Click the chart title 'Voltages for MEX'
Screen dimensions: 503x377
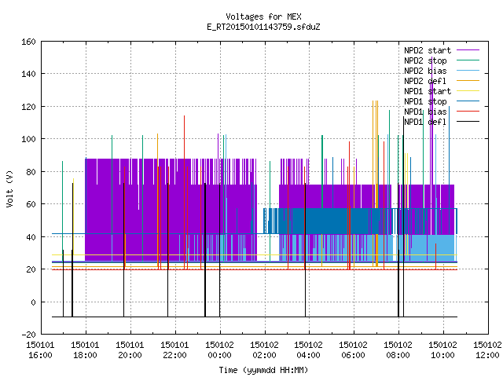[263, 16]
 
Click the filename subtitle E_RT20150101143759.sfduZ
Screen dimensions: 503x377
[263, 27]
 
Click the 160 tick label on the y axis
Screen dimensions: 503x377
[28, 42]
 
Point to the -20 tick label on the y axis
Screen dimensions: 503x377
[28, 335]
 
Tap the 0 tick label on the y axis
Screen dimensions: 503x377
[33, 302]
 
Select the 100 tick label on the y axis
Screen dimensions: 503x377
[28, 139]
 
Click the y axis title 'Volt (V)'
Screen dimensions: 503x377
[9, 188]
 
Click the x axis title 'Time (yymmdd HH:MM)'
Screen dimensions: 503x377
[263, 370]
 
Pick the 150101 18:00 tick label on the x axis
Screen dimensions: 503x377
[86, 350]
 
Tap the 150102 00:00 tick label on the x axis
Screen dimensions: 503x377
[220, 350]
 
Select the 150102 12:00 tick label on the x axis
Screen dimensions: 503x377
[487, 350]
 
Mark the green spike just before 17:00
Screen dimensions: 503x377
[63, 211]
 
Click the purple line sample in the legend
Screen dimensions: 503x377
[468, 50]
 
